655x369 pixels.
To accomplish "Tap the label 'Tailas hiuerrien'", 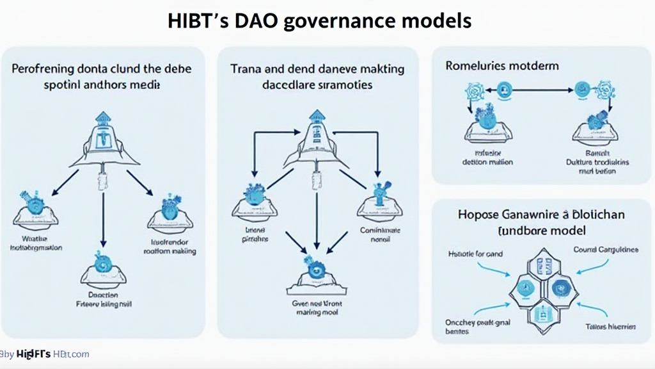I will [610, 327].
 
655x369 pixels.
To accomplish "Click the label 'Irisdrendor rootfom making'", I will [170, 247].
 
